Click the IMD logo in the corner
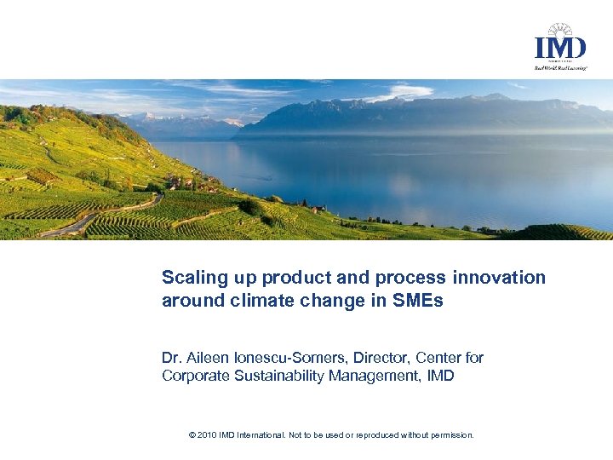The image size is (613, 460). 559,48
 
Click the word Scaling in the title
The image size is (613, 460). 192,278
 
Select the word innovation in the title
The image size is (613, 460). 500,278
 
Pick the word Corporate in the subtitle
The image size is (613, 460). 192,376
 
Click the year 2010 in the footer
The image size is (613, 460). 206,434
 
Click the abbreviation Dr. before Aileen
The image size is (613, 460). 170,358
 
